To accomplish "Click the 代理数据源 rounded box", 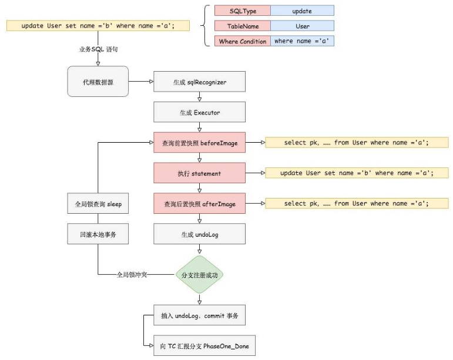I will pyautogui.click(x=98, y=82).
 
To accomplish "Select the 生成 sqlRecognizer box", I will pyautogui.click(x=199, y=82).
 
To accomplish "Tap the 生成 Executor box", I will pyautogui.click(x=199, y=112).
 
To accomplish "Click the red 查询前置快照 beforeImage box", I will pyautogui.click(x=199, y=143).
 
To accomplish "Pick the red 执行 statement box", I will pyautogui.click(x=199, y=173).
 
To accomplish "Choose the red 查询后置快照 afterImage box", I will pyautogui.click(x=199, y=204).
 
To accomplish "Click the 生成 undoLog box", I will pyautogui.click(x=199, y=234).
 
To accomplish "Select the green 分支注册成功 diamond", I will pyautogui.click(x=200, y=274).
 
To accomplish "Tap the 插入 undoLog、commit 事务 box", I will pyautogui.click(x=199, y=316).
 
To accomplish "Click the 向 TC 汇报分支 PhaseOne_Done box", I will pyautogui.click(x=199, y=346).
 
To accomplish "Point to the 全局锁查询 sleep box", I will pyautogui.click(x=98, y=204).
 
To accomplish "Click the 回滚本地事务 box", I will pyautogui.click(x=98, y=234).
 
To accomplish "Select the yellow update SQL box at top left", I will pyautogui.click(x=98, y=26).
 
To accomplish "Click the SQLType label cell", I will pyautogui.click(x=243, y=11).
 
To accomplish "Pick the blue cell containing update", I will pyautogui.click(x=302, y=11).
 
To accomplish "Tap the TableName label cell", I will pyautogui.click(x=243, y=26).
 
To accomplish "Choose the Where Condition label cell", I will pyautogui.click(x=243, y=41).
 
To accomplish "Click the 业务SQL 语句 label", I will pyautogui.click(x=98, y=50).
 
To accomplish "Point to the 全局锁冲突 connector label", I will pyautogui.click(x=133, y=274).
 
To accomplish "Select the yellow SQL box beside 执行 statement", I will pyautogui.click(x=357, y=173).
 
